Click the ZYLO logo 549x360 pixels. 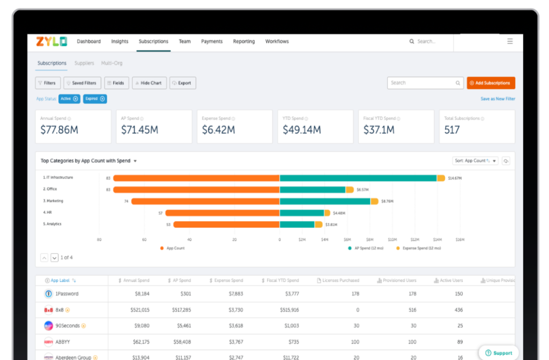tap(51, 41)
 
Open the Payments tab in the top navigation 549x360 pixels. tap(212, 41)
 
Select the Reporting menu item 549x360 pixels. tap(244, 41)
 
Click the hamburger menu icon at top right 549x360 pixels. tap(510, 41)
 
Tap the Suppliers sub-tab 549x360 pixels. tap(84, 63)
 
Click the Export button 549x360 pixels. tap(182, 83)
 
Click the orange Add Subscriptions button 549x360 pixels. tap(491, 83)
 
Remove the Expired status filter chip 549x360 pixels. tap(102, 99)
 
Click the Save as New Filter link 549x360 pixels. tap(498, 99)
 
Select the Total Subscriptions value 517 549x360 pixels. tap(452, 130)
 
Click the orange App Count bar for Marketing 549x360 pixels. tap(205, 201)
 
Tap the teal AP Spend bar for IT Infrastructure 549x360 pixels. tap(358, 178)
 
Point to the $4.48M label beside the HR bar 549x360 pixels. tap(339, 213)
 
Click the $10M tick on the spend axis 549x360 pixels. tap(392, 239)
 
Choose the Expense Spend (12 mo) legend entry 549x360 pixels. tap(421, 248)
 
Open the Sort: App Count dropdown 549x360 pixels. tap(476, 161)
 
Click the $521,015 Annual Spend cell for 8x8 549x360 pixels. tap(140, 310)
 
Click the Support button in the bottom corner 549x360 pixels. tap(499, 353)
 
